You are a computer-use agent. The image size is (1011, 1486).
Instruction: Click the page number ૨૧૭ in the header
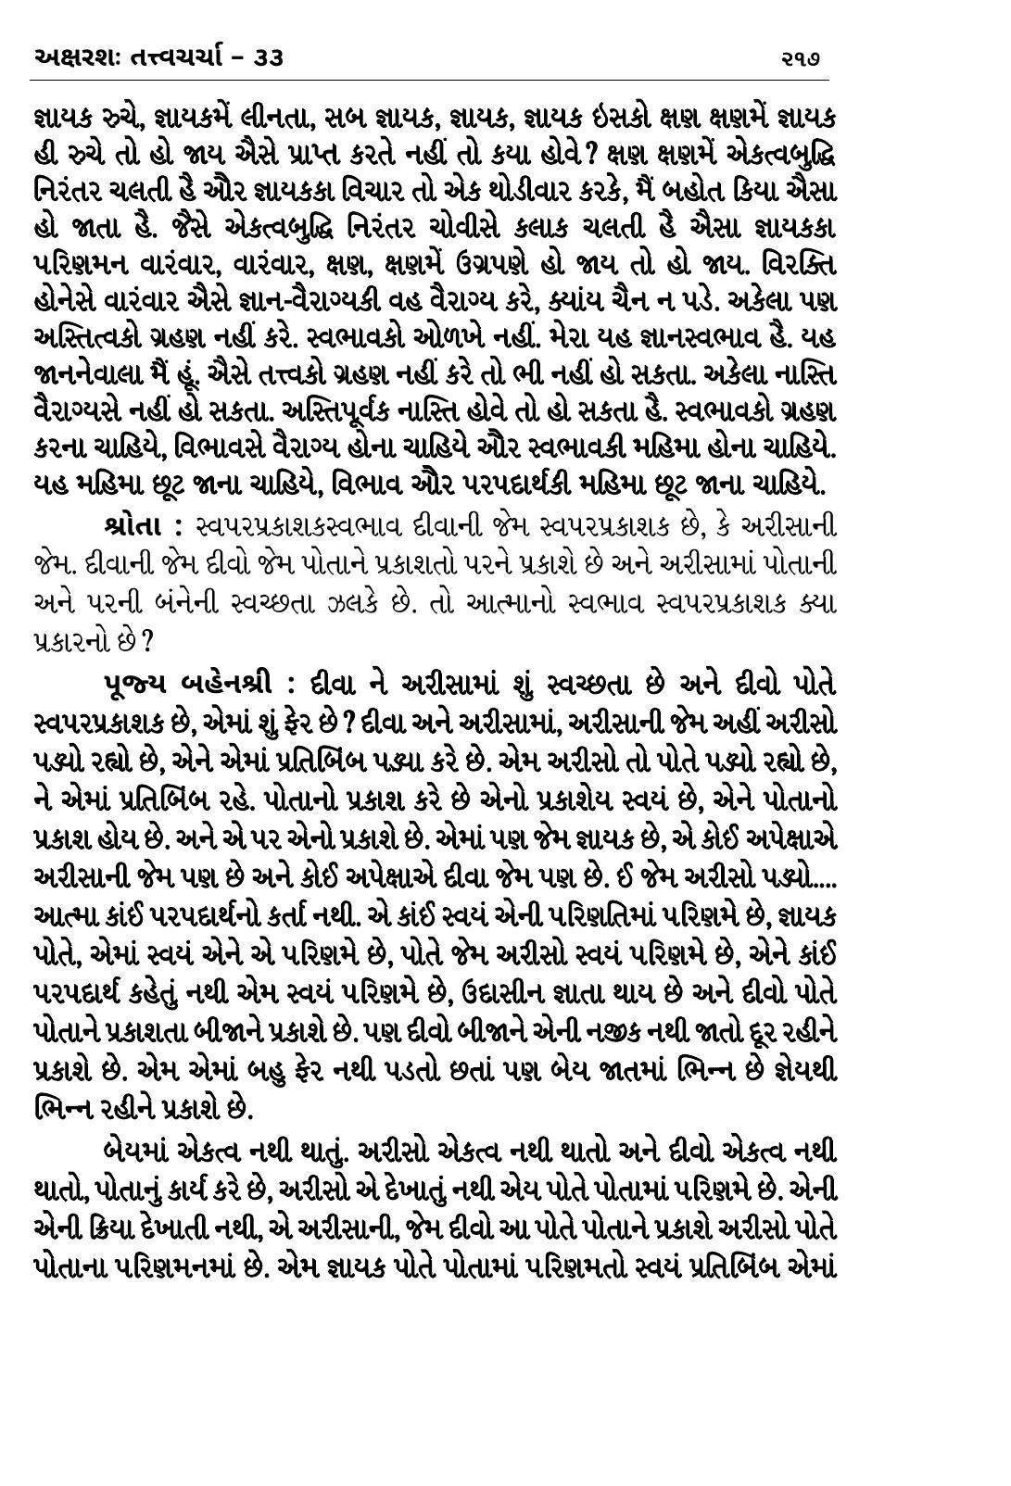pyautogui.click(x=802, y=60)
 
